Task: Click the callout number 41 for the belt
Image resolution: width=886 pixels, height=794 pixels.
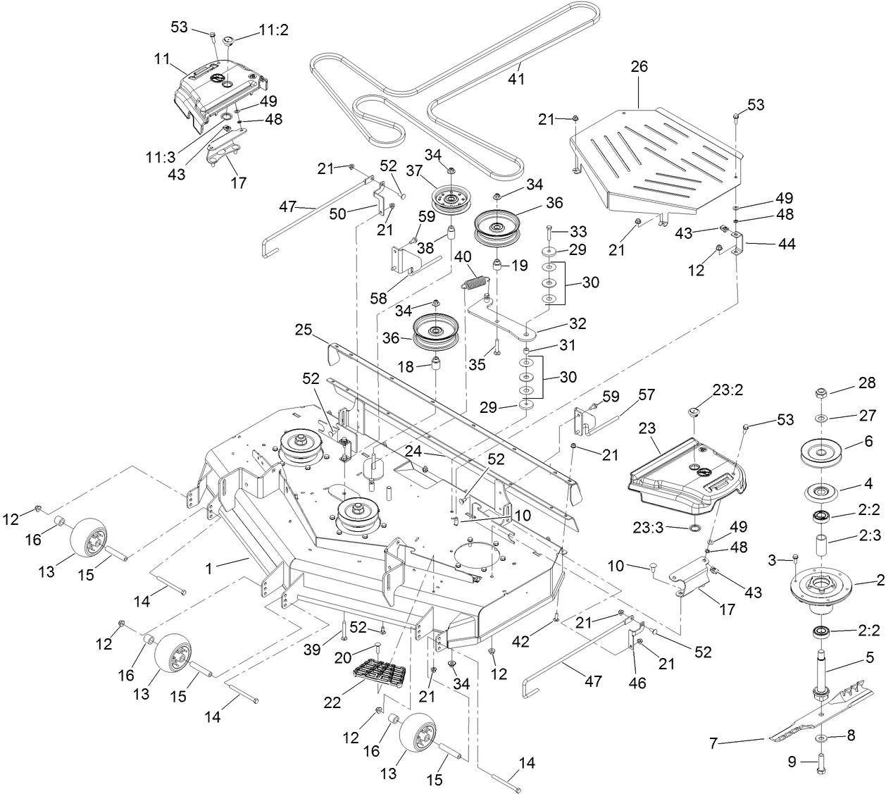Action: (517, 80)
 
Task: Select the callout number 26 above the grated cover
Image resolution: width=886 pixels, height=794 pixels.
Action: (639, 67)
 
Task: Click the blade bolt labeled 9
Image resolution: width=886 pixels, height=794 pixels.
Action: (821, 765)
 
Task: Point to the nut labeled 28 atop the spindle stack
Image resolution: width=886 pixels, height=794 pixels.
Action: (821, 392)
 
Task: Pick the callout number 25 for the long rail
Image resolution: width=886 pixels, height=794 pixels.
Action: (303, 330)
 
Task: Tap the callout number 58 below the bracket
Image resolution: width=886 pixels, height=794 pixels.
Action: (379, 298)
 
